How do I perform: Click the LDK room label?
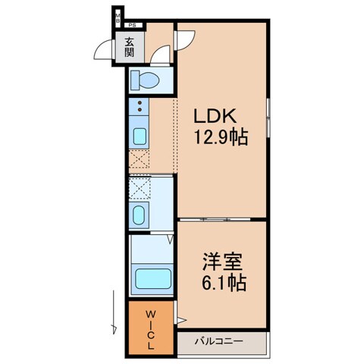click(x=220, y=118)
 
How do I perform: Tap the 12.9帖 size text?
click(x=221, y=138)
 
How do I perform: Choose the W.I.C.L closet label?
click(x=151, y=327)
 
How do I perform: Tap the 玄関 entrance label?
click(x=129, y=48)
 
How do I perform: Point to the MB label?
click(x=118, y=18)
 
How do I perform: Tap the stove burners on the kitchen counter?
click(x=140, y=108)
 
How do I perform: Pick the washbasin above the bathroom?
click(x=140, y=215)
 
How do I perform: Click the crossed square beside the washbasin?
click(x=140, y=187)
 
